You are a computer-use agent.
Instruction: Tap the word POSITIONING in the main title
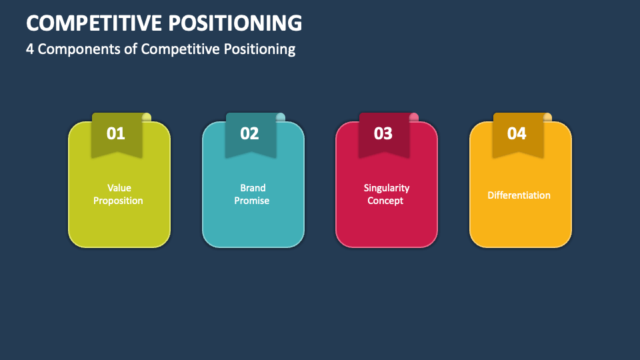[x=235, y=23]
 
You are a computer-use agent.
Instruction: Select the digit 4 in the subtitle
[x=30, y=49]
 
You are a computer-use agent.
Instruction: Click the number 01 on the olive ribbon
[x=116, y=133]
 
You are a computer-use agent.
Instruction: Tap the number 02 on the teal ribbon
[x=249, y=133]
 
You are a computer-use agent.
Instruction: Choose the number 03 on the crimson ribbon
[x=383, y=133]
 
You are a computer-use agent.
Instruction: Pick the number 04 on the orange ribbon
[x=517, y=133]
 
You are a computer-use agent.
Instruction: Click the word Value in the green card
[x=119, y=188]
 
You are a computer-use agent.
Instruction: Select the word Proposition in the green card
[x=119, y=201]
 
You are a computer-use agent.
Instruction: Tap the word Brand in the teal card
[x=253, y=188]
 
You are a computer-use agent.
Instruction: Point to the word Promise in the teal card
[x=252, y=201]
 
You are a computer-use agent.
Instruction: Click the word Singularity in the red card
[x=387, y=188]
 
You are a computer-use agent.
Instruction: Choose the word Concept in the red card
[x=385, y=201]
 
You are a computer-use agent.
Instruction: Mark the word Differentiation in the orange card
[x=519, y=195]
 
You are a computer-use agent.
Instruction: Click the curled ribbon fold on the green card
[x=147, y=117]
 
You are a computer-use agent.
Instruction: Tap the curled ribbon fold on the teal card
[x=281, y=117]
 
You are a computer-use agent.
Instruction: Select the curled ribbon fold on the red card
[x=414, y=117]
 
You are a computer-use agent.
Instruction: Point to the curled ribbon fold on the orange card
[x=547, y=117]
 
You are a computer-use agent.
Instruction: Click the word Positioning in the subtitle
[x=259, y=49]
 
